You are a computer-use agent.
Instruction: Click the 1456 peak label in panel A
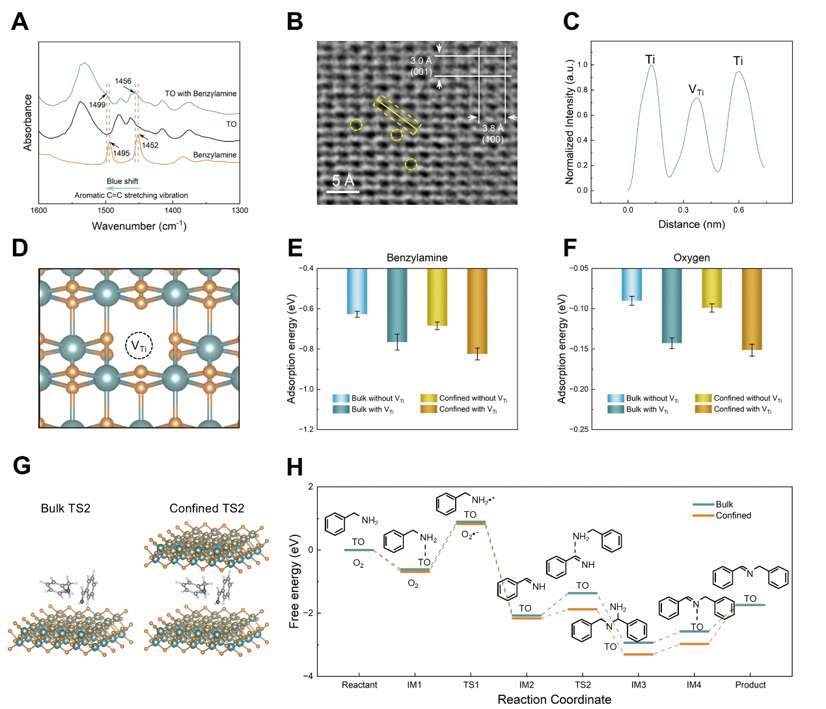coord(123,81)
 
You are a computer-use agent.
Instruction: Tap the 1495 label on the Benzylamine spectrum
coord(121,154)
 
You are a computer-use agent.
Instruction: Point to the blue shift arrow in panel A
coord(123,188)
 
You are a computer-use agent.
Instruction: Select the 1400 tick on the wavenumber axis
coord(172,210)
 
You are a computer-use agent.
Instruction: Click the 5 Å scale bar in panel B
coord(342,191)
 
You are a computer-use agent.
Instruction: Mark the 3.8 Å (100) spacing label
coord(493,133)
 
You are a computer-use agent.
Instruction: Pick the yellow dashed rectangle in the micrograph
coord(398,115)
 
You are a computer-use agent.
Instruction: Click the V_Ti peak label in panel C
coord(696,90)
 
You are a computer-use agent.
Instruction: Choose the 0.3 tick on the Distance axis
coord(683,210)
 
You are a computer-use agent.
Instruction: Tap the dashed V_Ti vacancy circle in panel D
coord(139,346)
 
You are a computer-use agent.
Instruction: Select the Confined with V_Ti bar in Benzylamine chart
coord(477,311)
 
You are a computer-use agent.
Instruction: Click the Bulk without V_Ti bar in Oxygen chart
coord(631,284)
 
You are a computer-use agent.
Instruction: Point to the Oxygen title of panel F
coord(691,258)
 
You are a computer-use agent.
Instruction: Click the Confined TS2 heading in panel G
coord(206,508)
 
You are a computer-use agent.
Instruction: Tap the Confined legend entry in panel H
coord(733,515)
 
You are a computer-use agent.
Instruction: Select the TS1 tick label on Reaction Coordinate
coord(471,684)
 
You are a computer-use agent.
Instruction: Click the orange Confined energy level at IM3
coord(639,654)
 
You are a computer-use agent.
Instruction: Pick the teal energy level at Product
coord(750,605)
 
